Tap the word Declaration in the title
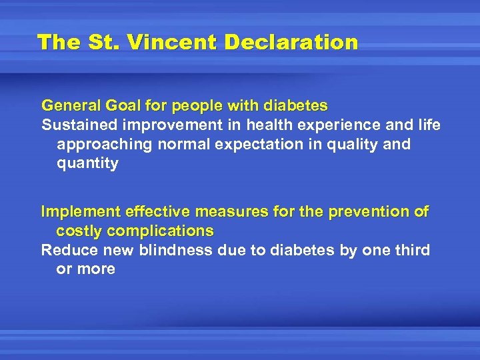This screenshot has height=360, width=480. pyautogui.click(x=291, y=43)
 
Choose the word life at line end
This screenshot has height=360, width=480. pyautogui.click(x=427, y=125)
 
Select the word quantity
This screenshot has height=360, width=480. pyautogui.click(x=87, y=163)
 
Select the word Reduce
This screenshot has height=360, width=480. pyautogui.click(x=67, y=250)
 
